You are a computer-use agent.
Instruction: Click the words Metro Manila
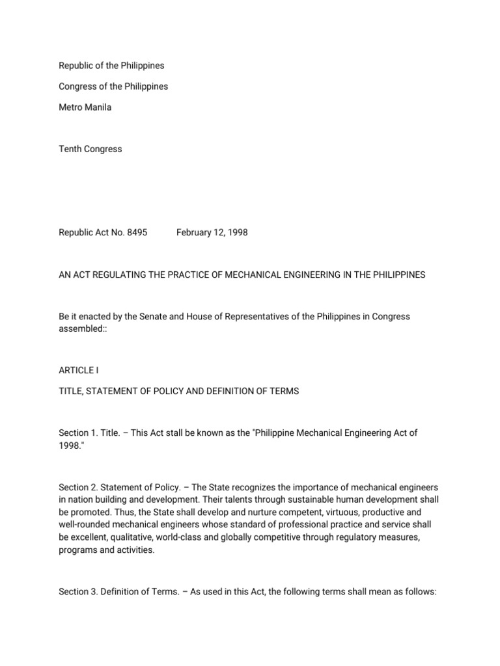pos(85,107)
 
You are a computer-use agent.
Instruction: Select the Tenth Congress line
pos(90,149)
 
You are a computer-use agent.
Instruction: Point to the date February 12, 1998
pos(212,232)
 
